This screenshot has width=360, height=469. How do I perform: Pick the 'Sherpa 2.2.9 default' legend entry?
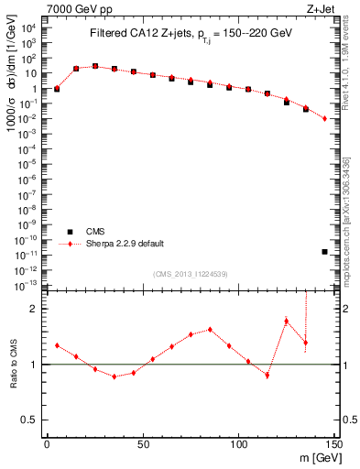(126, 244)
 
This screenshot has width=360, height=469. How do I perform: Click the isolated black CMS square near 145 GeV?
(325, 251)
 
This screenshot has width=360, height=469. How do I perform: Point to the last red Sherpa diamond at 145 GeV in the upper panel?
(325, 118)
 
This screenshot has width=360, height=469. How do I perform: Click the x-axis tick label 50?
(143, 443)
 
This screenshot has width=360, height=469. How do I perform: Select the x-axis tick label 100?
(238, 443)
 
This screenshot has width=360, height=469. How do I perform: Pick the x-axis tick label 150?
(334, 443)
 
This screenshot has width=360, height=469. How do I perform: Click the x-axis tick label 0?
(47, 443)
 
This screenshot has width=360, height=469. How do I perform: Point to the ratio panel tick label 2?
(33, 309)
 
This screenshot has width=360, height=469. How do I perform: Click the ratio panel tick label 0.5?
(29, 420)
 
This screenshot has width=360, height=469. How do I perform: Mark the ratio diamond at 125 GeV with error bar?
(287, 321)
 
